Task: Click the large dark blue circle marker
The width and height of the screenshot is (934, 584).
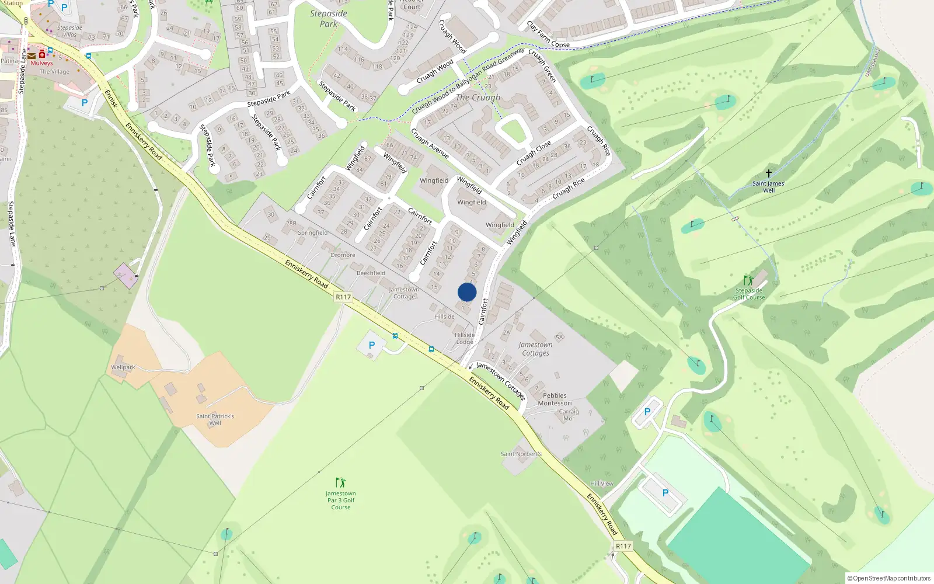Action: [467, 292]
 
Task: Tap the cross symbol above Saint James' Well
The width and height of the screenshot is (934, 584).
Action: [769, 173]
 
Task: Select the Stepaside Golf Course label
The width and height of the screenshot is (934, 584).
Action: [749, 294]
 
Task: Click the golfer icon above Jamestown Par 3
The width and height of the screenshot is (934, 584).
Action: [340, 482]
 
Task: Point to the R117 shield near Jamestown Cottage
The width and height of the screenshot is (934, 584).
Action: [343, 297]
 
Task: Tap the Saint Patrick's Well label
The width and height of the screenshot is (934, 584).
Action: [215, 419]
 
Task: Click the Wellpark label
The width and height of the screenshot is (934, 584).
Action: [123, 367]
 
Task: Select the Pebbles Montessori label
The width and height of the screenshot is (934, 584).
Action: [555, 399]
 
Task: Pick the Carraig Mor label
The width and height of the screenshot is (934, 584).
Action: [569, 415]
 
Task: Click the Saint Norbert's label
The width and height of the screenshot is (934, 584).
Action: [521, 454]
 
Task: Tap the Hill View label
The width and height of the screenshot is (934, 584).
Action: [602, 484]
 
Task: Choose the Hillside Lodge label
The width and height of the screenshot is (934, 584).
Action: [465, 339]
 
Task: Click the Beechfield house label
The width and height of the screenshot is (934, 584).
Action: [371, 273]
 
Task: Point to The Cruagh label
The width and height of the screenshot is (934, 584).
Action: [478, 98]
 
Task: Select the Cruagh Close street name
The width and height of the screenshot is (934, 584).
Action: [534, 153]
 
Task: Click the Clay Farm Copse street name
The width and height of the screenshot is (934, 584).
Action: [548, 35]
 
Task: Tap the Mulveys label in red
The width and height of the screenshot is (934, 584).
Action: [41, 63]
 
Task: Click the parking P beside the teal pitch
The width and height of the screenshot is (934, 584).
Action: [665, 493]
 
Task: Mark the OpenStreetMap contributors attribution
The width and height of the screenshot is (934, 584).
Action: [888, 578]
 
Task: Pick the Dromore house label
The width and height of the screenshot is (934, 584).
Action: [343, 255]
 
